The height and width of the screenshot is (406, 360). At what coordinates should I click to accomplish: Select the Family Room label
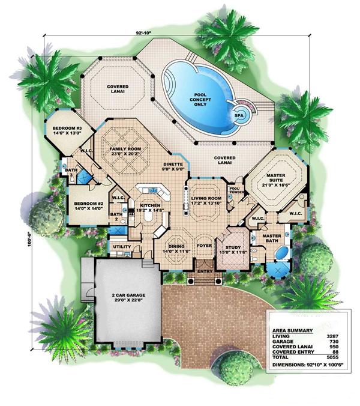click(125, 150)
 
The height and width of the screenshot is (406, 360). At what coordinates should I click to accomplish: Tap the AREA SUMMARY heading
click(293, 331)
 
